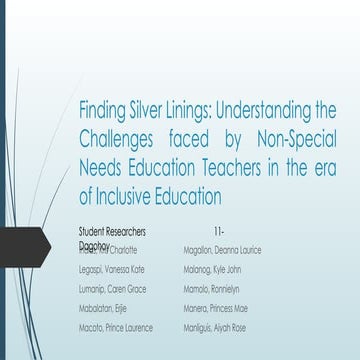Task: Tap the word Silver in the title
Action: click(157, 109)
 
